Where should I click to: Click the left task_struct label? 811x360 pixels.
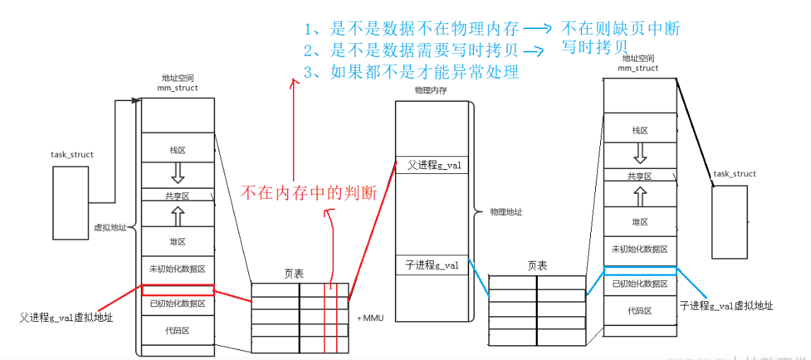pyautogui.click(x=72, y=155)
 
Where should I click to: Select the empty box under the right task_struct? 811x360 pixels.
pyautogui.click(x=730, y=221)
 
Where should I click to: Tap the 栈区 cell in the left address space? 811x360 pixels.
pyautogui.click(x=178, y=151)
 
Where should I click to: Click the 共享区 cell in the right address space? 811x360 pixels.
pyautogui.click(x=640, y=176)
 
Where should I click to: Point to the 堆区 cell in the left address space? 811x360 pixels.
pyautogui.click(x=178, y=242)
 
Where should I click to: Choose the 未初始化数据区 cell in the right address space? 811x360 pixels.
pyautogui.click(x=640, y=250)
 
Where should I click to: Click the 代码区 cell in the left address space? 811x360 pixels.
pyautogui.click(x=178, y=330)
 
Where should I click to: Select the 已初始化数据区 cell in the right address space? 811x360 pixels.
pyautogui.click(x=640, y=284)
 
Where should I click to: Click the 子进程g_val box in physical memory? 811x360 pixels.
pyautogui.click(x=431, y=265)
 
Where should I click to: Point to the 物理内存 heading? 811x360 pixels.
pyautogui.click(x=430, y=91)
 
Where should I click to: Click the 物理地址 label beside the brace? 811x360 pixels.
pyautogui.click(x=506, y=212)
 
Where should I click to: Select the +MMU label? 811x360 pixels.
pyautogui.click(x=369, y=318)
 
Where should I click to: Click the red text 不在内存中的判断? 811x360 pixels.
pyautogui.click(x=309, y=192)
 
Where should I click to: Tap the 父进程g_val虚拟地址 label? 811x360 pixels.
pyautogui.click(x=67, y=318)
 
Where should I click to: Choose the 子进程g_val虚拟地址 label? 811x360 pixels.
pyautogui.click(x=726, y=306)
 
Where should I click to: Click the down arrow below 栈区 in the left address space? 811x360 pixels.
pyautogui.click(x=178, y=171)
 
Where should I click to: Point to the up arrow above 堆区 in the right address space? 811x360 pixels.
pyautogui.click(x=640, y=195)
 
